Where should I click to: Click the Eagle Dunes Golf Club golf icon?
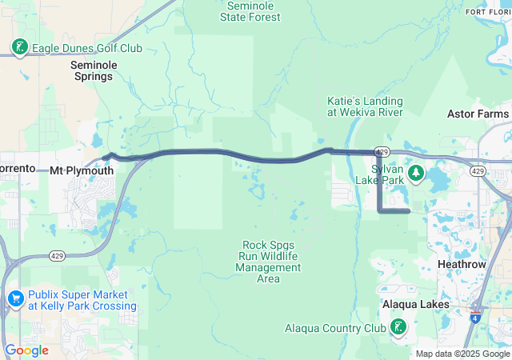point(19,48)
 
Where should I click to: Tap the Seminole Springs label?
point(94,70)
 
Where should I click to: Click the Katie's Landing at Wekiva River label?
point(365,106)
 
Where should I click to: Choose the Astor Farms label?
point(478,114)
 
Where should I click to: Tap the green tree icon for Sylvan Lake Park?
point(415,173)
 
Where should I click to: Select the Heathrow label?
point(462,263)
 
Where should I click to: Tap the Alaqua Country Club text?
point(335,328)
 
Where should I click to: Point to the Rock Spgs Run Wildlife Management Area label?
point(269,262)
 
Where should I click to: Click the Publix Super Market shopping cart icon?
point(15,299)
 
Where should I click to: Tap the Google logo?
point(26,350)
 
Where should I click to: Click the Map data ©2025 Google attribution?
point(462,354)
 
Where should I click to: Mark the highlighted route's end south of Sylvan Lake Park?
point(409,211)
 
